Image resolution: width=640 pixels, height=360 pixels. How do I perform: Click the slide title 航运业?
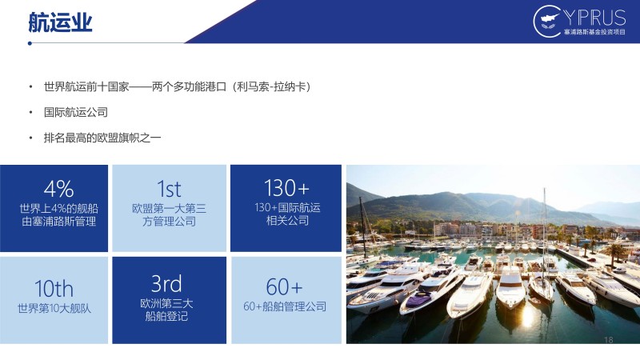point(61,22)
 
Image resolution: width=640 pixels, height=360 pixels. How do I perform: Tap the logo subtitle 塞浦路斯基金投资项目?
point(594,32)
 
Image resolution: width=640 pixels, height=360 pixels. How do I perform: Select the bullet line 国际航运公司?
point(76,112)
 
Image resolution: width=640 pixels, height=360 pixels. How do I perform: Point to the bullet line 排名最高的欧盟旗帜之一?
point(102,138)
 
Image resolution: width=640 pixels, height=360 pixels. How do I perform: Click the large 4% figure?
point(58,189)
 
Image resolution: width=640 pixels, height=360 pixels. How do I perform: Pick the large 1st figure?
point(169,189)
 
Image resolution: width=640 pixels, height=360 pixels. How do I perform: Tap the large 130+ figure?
point(286,188)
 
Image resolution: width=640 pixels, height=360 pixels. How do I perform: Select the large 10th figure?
point(54,289)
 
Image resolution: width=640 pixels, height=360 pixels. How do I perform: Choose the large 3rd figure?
point(166,284)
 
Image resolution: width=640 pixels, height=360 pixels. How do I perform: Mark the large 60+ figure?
point(284,286)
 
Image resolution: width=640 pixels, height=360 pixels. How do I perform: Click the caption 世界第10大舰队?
point(54,309)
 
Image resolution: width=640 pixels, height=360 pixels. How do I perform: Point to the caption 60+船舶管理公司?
point(285,306)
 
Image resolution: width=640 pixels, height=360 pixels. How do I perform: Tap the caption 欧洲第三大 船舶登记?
point(166,310)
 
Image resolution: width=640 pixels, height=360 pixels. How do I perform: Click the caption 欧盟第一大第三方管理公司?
point(169,215)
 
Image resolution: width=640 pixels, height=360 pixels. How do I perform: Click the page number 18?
point(608,339)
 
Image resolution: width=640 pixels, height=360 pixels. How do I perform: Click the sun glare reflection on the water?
point(527,316)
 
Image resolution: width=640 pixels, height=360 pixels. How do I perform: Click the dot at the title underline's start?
point(30,43)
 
